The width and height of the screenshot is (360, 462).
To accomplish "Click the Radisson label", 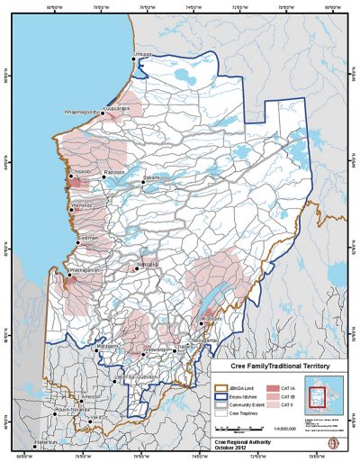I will click(114, 173).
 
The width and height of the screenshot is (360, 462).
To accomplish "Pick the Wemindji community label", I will click(82, 206).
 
